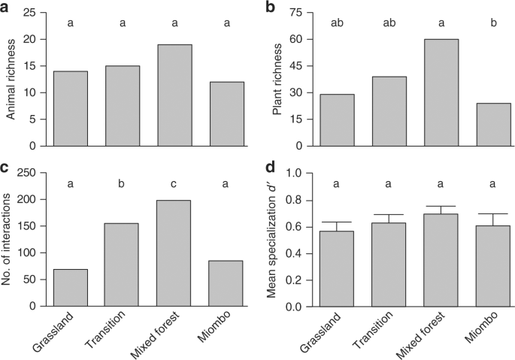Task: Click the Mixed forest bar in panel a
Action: coord(174,95)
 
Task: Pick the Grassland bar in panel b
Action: coord(338,119)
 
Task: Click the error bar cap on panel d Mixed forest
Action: coord(441,206)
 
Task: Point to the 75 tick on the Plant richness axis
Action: coord(301,13)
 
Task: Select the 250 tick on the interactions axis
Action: coord(33,173)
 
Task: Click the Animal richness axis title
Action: coord(11,79)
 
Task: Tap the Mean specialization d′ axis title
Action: coord(274,239)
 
